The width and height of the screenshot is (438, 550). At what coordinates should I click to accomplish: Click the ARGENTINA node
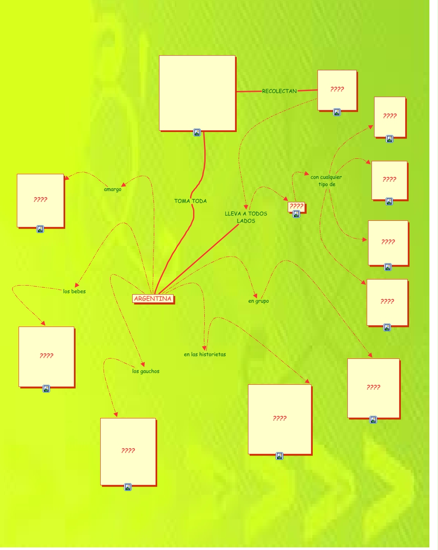pyautogui.click(x=153, y=299)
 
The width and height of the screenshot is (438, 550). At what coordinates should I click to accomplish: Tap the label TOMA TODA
pyautogui.click(x=190, y=201)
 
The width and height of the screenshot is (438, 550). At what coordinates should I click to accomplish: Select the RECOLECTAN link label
pyautogui.click(x=279, y=91)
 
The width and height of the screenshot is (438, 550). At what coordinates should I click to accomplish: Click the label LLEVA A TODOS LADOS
pyautogui.click(x=246, y=217)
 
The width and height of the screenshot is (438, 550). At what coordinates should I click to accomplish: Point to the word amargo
pyautogui.click(x=113, y=189)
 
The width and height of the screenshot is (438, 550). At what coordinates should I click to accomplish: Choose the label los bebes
pyautogui.click(x=74, y=291)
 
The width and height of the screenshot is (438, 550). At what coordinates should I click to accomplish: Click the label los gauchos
pyautogui.click(x=146, y=371)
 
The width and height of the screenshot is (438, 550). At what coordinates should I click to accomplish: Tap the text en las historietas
pyautogui.click(x=205, y=354)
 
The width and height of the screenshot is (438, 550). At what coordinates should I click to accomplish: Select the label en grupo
pyautogui.click(x=258, y=301)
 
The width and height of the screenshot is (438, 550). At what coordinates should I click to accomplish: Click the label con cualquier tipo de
pyautogui.click(x=326, y=180)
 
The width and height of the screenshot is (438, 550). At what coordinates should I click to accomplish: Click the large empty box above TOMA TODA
pyautogui.click(x=197, y=93)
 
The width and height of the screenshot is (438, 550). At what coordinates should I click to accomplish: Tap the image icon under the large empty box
pyautogui.click(x=197, y=132)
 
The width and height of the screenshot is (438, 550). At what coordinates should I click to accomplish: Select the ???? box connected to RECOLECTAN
pyautogui.click(x=337, y=90)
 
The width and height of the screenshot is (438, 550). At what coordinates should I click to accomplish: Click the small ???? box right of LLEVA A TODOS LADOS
pyautogui.click(x=296, y=206)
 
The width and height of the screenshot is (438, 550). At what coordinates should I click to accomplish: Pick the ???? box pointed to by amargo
pyautogui.click(x=40, y=200)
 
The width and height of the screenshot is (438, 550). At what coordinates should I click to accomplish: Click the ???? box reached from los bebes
pyautogui.click(x=46, y=356)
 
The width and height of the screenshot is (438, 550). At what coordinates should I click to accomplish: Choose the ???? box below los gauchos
pyautogui.click(x=128, y=451)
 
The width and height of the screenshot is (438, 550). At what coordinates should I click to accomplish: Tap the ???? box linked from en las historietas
pyautogui.click(x=279, y=418)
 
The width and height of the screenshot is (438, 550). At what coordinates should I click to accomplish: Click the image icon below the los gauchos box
pyautogui.click(x=128, y=487)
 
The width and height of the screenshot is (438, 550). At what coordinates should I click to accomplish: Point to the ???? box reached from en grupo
pyautogui.click(x=373, y=388)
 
